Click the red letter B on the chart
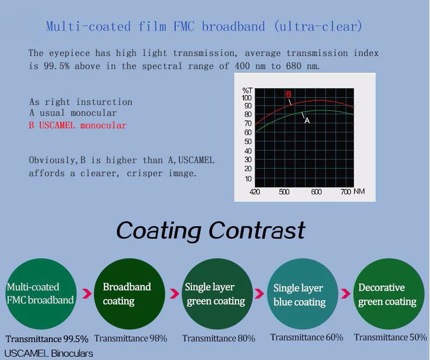pos(289,95)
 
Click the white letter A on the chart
pos(307,121)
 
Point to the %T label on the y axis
pos(247,91)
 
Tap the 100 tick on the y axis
pos(247,98)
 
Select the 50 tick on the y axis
pos(248,141)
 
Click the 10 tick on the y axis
pos(248,179)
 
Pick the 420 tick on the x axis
pos(255,191)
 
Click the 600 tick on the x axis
pos(316,191)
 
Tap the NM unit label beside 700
pos(359,191)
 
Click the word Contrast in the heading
pos(257,230)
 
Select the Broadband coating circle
pos(129,294)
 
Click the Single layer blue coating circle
pos(302,294)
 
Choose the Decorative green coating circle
pos(389,294)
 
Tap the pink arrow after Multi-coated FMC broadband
pos(87,293)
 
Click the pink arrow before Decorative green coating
pos(346,293)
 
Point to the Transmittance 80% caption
pos(219,338)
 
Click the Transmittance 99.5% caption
pos(47,339)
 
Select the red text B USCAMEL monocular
pos(78,126)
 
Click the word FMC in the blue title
pos(184,26)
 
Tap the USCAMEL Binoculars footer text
pos(48,353)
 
